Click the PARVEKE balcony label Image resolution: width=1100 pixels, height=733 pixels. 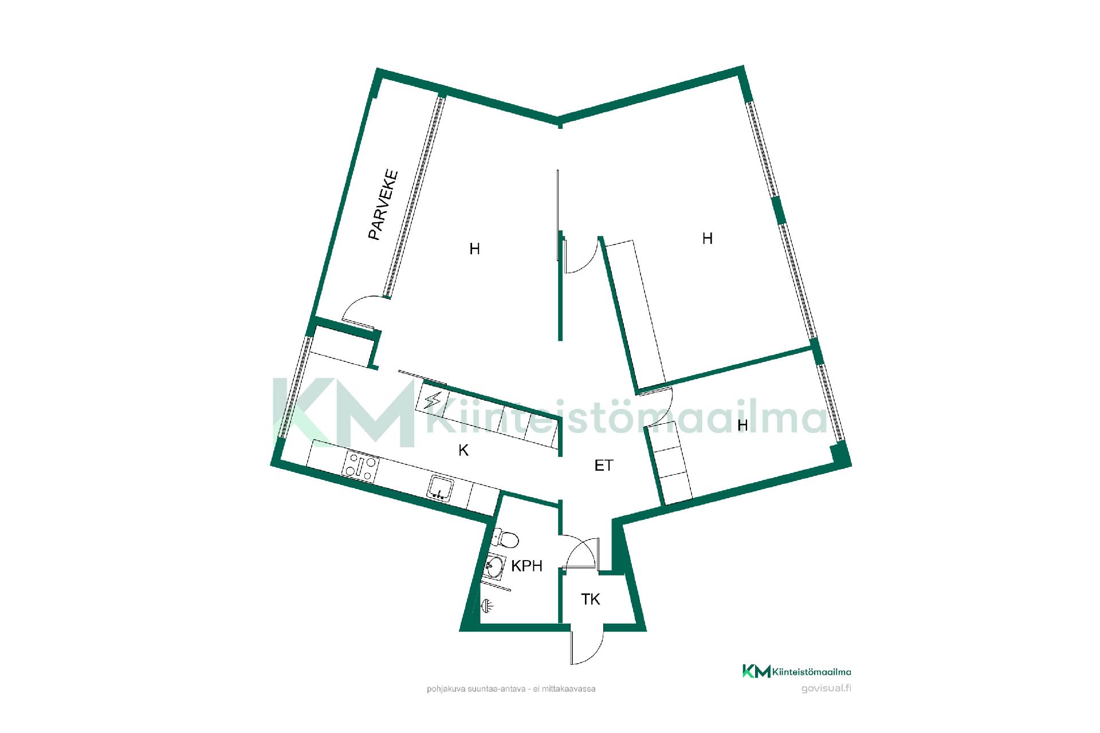383,204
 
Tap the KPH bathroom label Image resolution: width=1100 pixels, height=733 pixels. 527,566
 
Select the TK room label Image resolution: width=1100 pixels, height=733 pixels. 590,600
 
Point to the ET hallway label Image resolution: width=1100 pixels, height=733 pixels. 604,466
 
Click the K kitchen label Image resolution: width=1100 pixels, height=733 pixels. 463,451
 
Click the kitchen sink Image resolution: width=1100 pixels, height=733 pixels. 440,487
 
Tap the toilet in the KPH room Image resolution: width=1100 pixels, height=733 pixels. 505,539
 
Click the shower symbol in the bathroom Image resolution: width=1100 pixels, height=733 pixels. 486,605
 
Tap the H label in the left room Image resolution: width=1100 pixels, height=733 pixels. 474,249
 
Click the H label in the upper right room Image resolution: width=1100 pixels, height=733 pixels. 708,239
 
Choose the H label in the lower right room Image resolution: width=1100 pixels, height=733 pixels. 742,425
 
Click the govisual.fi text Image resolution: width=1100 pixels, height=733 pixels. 826,688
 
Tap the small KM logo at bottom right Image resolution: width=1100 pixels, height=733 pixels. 756,671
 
